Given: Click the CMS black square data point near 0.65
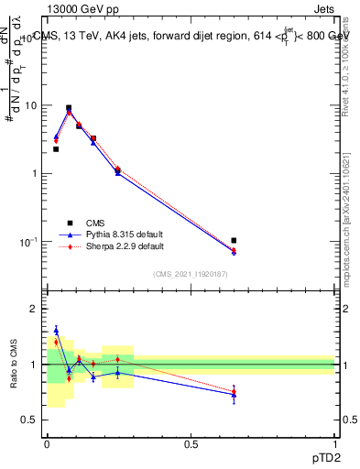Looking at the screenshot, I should [x=234, y=240].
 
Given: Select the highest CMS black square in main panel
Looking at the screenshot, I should [x=69, y=107].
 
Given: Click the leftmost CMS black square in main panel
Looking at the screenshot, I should [x=56, y=148].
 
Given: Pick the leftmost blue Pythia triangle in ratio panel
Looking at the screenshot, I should [x=56, y=330].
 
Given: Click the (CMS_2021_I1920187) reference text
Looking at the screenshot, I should [x=191, y=273].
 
